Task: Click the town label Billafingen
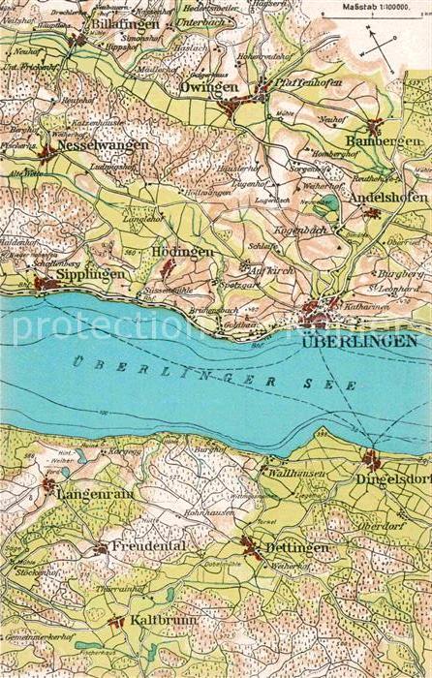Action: (x=125, y=22)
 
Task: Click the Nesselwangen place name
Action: (x=103, y=145)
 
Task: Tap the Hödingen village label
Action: (x=182, y=251)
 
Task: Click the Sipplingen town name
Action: (x=91, y=274)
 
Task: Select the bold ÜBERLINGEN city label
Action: (x=359, y=341)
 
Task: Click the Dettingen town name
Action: (x=296, y=547)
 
